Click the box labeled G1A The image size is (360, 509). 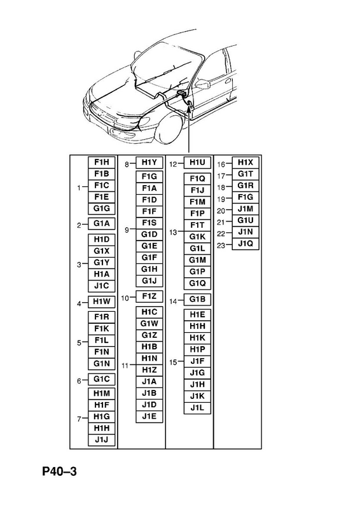pyautogui.click(x=102, y=224)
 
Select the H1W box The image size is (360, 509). pyautogui.click(x=102, y=302)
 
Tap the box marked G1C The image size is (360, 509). pyautogui.click(x=102, y=379)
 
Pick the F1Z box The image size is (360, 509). pyautogui.click(x=149, y=296)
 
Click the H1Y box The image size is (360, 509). pyautogui.click(x=149, y=162)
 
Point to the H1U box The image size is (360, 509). pyautogui.click(x=197, y=162)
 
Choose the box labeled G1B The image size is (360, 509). pyautogui.click(x=197, y=299)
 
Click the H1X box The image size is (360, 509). pyautogui.click(x=246, y=162)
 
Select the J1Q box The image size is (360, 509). pyautogui.click(x=246, y=244)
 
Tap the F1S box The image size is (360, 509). pyautogui.click(x=149, y=223)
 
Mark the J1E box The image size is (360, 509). pyautogui.click(x=149, y=417)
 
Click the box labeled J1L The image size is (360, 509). pyautogui.click(x=197, y=408)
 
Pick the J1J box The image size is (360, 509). pyautogui.click(x=102, y=440)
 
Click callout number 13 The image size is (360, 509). pyautogui.click(x=173, y=232)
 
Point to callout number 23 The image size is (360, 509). pyautogui.click(x=221, y=245)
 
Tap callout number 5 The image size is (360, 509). pyautogui.click(x=79, y=343)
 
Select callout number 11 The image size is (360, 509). pyautogui.click(x=125, y=366)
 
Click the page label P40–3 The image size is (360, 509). pyautogui.click(x=59, y=471)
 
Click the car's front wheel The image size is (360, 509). pyautogui.click(x=169, y=128)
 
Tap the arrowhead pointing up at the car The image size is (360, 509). pyautogui.click(x=189, y=107)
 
